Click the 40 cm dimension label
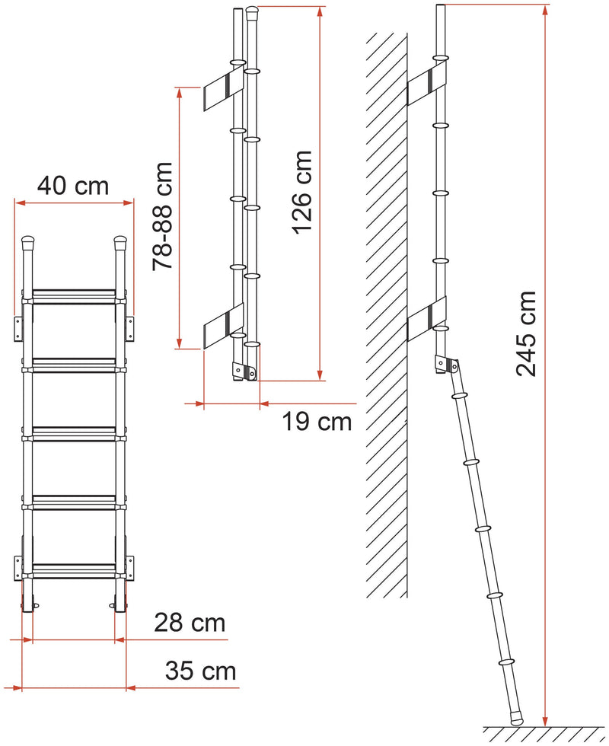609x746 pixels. coord(73,186)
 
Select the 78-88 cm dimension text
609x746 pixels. coord(163,216)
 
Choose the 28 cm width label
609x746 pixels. coord(190,623)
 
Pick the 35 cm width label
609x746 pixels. coord(200,671)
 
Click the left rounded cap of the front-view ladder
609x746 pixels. coord(29,243)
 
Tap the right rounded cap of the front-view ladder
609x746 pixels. coord(120,243)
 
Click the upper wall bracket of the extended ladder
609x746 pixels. coord(427,86)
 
